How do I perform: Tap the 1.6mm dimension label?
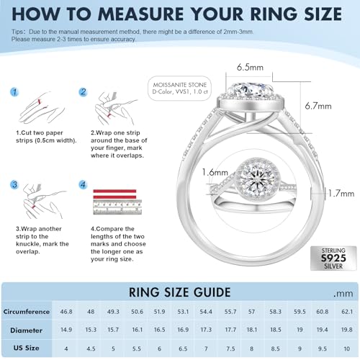215,172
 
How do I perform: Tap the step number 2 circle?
84,92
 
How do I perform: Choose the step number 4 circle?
84,185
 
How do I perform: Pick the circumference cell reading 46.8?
66,312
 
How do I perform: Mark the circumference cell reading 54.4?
206,312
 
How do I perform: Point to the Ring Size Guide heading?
180,292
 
